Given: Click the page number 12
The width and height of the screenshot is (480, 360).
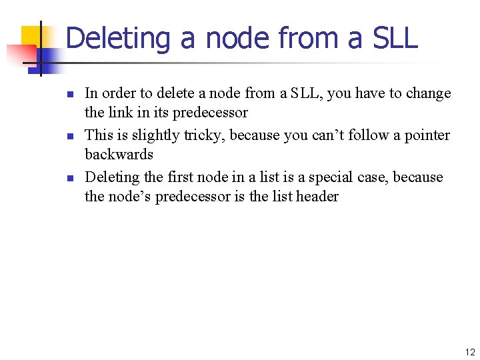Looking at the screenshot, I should [x=470, y=353].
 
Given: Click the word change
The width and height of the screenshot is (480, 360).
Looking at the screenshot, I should [x=428, y=93].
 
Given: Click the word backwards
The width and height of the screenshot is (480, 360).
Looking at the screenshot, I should [x=119, y=155].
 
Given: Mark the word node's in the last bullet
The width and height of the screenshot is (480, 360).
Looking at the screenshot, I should [x=129, y=197].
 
